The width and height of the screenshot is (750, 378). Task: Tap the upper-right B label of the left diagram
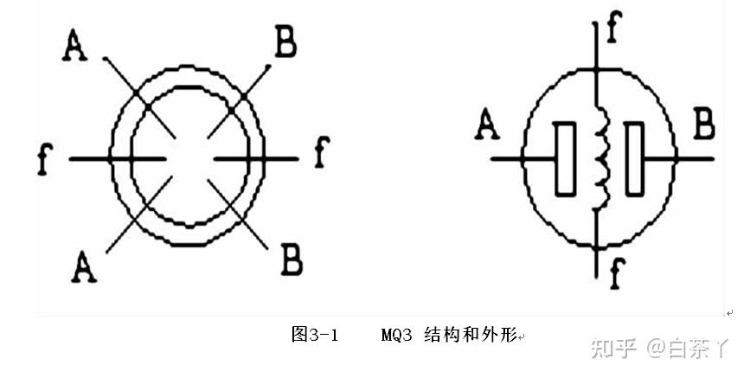tap(285, 42)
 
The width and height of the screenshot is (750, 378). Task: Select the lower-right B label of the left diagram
tap(291, 259)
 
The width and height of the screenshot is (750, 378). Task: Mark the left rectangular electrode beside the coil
tap(566, 159)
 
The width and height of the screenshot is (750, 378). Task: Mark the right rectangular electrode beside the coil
tap(637, 159)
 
